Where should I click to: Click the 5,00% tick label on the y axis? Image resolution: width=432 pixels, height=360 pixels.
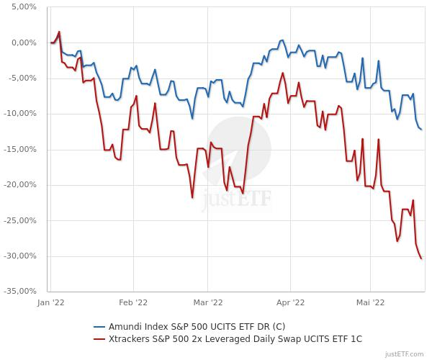(24, 7)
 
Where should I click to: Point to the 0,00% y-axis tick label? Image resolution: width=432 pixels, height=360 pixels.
(24, 42)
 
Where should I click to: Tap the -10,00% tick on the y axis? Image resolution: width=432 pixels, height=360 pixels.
(21, 114)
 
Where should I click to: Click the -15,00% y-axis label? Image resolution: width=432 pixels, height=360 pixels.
(21, 149)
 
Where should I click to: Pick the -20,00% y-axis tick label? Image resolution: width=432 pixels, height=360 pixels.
(21, 185)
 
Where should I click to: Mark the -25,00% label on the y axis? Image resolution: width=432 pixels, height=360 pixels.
(21, 220)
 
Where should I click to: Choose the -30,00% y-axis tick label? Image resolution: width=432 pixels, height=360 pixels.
(21, 256)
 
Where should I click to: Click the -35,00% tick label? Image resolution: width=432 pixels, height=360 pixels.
(21, 292)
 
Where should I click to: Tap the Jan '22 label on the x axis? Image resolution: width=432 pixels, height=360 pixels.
(50, 303)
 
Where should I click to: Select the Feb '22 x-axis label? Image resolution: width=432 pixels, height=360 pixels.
(133, 303)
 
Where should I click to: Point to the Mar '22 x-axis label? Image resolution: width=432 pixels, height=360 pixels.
(207, 303)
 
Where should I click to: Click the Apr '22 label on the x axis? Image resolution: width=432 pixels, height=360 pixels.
(290, 303)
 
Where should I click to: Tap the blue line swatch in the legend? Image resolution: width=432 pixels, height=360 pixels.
(100, 325)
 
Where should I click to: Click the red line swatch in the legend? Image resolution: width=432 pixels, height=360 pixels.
(100, 337)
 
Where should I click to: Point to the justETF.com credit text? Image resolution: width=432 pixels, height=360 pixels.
(407, 354)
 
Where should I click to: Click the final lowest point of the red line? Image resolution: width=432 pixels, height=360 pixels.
(421, 258)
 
